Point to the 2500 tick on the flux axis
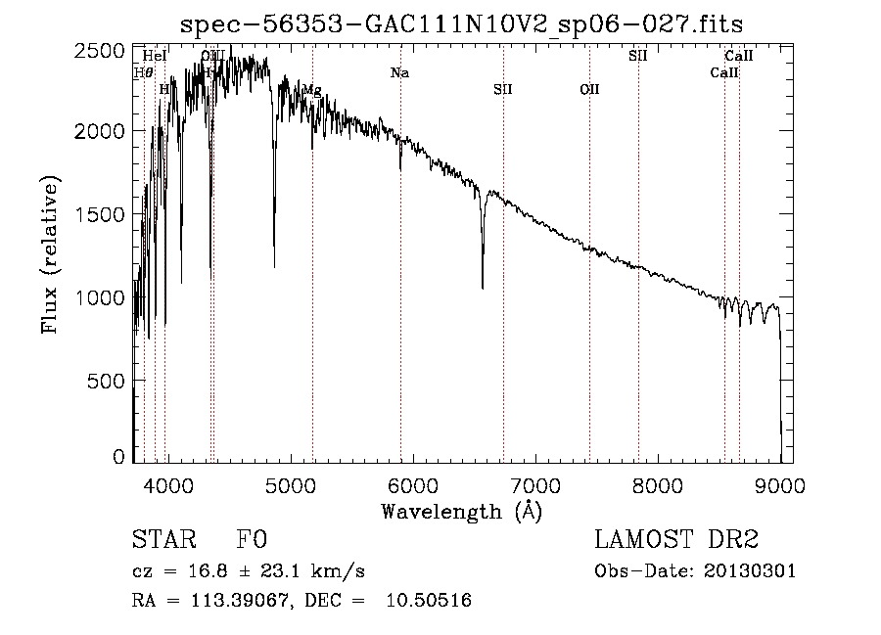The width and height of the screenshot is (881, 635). [x=102, y=51]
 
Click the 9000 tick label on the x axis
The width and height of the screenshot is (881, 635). [x=780, y=483]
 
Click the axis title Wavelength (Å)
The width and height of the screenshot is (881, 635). [x=461, y=511]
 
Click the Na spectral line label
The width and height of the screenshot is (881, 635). [x=399, y=72]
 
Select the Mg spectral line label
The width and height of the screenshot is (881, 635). [x=311, y=90]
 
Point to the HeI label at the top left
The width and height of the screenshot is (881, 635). [x=155, y=56]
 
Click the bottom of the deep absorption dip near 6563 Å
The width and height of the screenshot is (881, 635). [x=483, y=288]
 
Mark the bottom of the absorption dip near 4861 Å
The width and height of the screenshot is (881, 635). [x=274, y=266]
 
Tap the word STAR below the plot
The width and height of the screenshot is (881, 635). [x=161, y=540]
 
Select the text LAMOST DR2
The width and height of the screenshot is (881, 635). [x=676, y=540]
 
